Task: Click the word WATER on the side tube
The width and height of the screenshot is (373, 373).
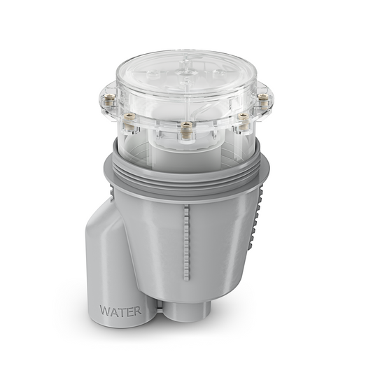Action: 120,309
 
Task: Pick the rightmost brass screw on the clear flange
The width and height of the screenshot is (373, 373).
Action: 264,101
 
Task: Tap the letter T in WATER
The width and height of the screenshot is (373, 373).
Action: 122,309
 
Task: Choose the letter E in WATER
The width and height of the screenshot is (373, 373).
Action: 129,309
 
